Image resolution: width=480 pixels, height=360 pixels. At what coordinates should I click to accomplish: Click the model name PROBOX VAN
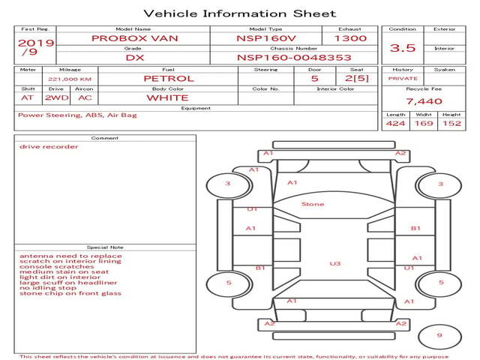pyautogui.click(x=135, y=38)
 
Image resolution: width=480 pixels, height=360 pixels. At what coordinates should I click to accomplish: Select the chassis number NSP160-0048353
pyautogui.click(x=294, y=58)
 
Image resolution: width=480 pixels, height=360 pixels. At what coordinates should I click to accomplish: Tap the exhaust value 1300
pyautogui.click(x=350, y=38)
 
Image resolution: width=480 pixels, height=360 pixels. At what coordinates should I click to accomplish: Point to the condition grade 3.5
pyautogui.click(x=403, y=48)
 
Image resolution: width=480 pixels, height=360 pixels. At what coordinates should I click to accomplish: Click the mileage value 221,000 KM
pyautogui.click(x=70, y=79)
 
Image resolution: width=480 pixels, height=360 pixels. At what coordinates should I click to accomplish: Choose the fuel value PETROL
pyautogui.click(x=169, y=79)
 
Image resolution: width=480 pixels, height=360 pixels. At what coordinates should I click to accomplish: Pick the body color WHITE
pyautogui.click(x=167, y=98)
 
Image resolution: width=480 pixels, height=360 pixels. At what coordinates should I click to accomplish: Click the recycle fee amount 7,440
pyautogui.click(x=424, y=101)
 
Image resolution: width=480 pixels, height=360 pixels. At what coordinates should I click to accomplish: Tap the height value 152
pyautogui.click(x=451, y=123)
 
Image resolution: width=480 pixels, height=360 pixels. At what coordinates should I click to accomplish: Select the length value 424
pyautogui.click(x=395, y=123)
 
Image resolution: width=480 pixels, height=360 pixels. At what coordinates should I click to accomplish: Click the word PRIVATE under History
pyautogui.click(x=403, y=79)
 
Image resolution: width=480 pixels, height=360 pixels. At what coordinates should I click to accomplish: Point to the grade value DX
pyautogui.click(x=135, y=58)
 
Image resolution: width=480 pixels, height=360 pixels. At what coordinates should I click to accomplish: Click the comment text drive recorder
pyautogui.click(x=49, y=147)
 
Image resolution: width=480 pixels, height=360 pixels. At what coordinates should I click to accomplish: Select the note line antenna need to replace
pyautogui.click(x=70, y=256)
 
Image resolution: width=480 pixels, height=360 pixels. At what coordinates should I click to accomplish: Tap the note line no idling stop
pyautogui.click(x=48, y=288)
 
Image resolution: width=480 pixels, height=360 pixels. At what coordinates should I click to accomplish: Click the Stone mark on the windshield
pyautogui.click(x=313, y=204)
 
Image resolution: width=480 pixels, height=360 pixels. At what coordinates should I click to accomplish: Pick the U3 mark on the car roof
pyautogui.click(x=335, y=263)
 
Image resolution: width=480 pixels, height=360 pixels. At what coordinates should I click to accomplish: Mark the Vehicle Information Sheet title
pyautogui.click(x=240, y=13)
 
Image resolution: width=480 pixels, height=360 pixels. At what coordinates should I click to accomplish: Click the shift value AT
pyautogui.click(x=27, y=98)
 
